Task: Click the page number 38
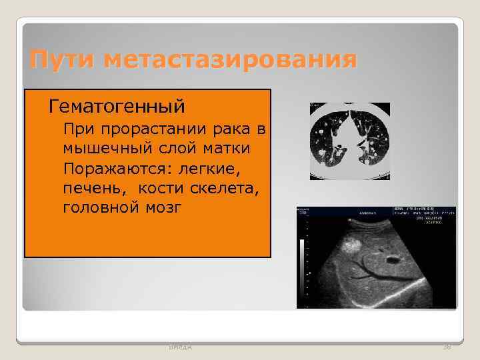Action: [446, 347]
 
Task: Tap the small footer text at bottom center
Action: [179, 347]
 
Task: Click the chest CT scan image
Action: [349, 141]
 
